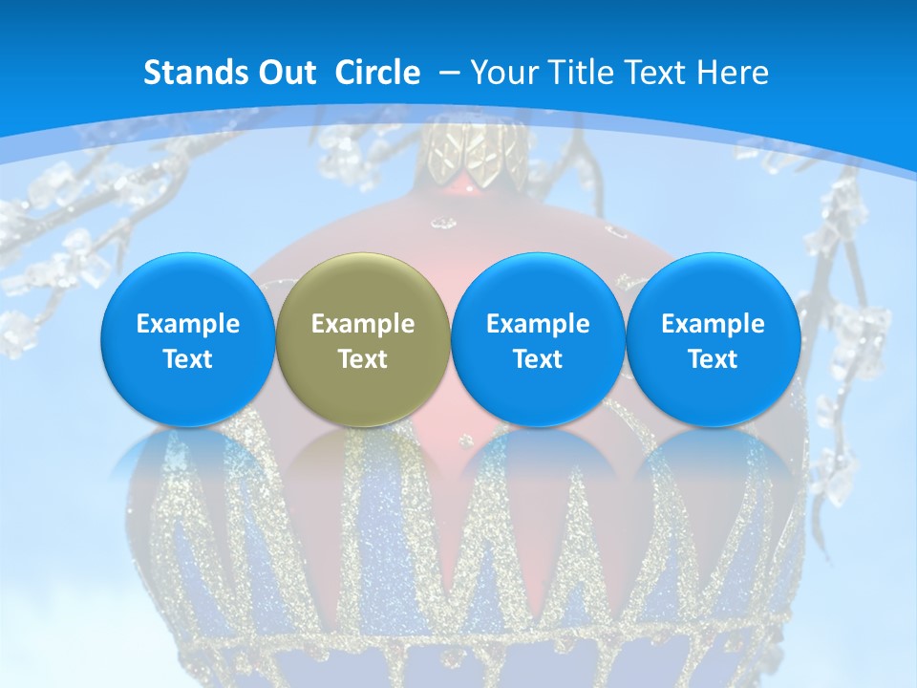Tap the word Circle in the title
[x=377, y=73]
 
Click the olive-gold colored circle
[x=363, y=339]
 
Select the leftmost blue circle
[x=188, y=339]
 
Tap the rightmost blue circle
[x=713, y=339]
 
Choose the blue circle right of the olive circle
[x=538, y=339]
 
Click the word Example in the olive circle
[x=363, y=324]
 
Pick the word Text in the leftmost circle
[x=188, y=359]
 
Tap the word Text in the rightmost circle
[x=713, y=359]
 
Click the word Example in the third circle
[x=538, y=324]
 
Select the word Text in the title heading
[x=650, y=73]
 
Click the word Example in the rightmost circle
[x=713, y=324]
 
